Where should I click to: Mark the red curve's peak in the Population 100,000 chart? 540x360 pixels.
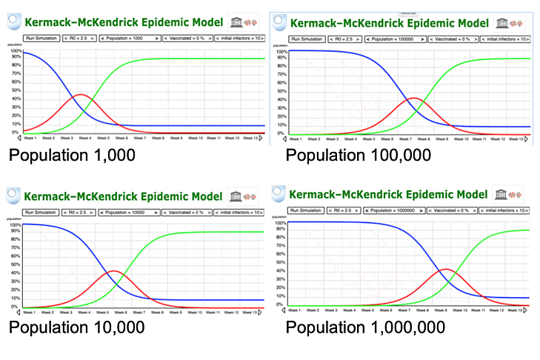414,98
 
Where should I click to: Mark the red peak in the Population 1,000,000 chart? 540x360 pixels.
447,269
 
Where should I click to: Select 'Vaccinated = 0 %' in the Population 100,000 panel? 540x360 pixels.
457,39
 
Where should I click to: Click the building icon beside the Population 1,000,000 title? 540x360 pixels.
501,194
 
